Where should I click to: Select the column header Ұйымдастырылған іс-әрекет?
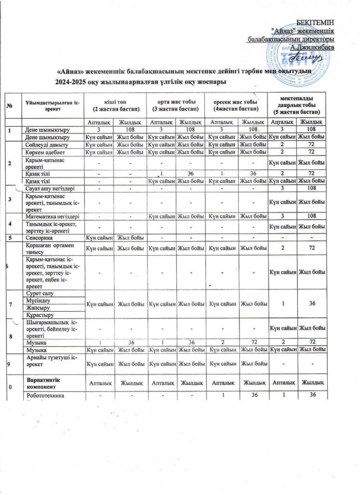(x=53, y=102)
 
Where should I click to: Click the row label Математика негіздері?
(x=53, y=218)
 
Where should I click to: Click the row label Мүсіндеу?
(x=38, y=300)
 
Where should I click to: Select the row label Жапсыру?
(x=38, y=307)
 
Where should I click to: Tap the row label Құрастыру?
(x=40, y=315)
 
